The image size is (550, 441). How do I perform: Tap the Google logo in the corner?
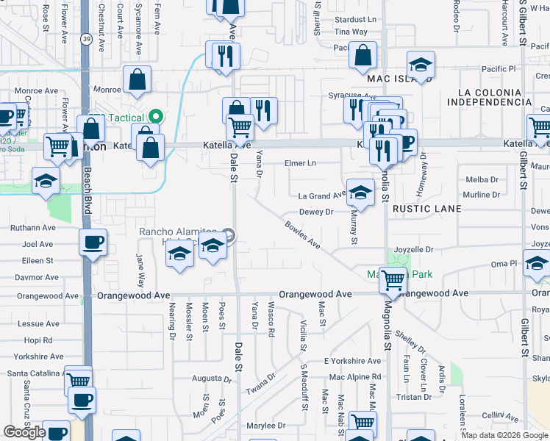[24, 432]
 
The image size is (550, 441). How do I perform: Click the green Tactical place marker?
[155, 117]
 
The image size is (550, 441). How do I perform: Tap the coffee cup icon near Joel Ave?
[93, 242]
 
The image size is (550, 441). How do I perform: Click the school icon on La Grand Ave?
[360, 193]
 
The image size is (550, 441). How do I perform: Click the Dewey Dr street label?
[316, 212]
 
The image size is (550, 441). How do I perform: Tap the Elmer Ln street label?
[301, 162]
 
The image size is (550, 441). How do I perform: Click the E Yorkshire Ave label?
[353, 361]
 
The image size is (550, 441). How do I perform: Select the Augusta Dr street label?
[196, 379]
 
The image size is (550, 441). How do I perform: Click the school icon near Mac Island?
[421, 65]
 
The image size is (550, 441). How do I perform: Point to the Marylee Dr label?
[265, 426]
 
